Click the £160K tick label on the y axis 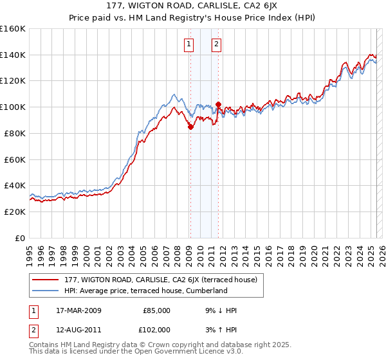[x=13, y=29]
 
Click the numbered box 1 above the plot [x=189, y=44]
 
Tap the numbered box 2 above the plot [x=216, y=44]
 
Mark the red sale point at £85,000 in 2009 [x=190, y=127]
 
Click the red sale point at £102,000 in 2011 [x=218, y=105]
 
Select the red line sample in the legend [x=46, y=280]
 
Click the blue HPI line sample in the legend [x=46, y=291]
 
